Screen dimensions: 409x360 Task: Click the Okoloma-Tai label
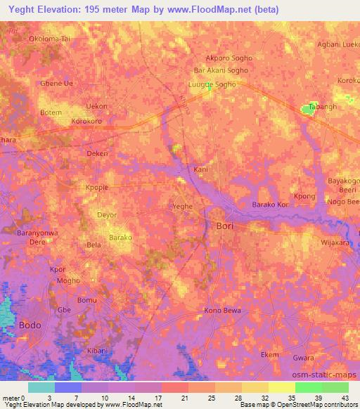pos(51,39)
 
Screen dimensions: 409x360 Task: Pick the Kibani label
pos(97,351)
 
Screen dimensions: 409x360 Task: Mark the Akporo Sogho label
pos(227,58)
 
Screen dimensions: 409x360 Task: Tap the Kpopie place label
pos(98,188)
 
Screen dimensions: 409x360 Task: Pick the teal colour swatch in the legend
pos(41,387)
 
